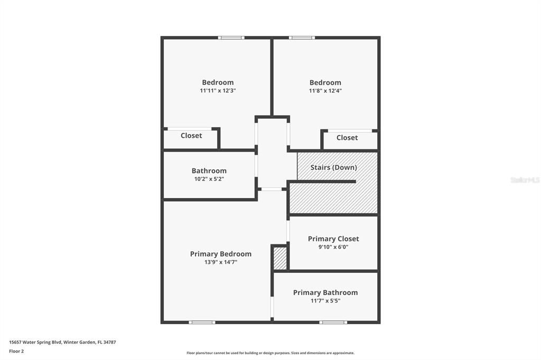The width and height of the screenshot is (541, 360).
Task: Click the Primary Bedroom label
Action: pos(221,254)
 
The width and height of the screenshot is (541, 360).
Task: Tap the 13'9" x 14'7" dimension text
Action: pos(221,262)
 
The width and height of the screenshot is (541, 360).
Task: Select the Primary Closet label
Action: pos(333,239)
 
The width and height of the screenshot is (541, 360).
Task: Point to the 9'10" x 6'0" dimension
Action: pos(333,247)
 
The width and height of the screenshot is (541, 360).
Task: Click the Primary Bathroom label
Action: pos(325,292)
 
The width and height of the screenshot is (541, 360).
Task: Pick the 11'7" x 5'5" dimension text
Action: pos(325,301)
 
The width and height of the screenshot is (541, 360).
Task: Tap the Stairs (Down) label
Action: pos(333,167)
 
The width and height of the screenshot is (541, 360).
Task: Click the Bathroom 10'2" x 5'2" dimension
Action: pos(209,179)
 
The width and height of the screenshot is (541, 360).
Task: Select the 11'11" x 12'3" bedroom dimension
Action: pos(218,91)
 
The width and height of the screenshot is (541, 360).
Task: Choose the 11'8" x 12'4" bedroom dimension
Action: pos(325,91)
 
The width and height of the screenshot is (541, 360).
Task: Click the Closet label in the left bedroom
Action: pos(191,136)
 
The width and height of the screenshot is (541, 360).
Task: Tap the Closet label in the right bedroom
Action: pos(347,138)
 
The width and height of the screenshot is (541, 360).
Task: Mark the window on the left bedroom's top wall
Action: pos(231,37)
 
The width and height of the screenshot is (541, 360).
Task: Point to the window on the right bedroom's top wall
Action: pos(302,37)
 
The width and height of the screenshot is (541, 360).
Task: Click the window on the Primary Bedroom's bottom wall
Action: pos(202,322)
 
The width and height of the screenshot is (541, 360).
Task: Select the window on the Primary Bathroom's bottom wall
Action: pos(333,322)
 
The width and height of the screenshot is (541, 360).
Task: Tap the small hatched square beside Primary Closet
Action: pos(280,258)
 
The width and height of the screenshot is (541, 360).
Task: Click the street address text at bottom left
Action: pos(62,342)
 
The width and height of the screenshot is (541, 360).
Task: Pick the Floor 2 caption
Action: pos(16,351)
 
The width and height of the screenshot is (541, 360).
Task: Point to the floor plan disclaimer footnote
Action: pos(270,353)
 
